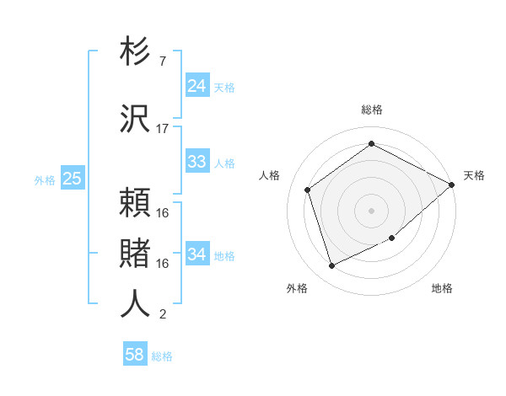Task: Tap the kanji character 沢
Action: (136, 119)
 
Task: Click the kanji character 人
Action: (136, 302)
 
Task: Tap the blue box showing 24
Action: (197, 86)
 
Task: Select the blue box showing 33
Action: (197, 162)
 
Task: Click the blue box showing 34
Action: (197, 254)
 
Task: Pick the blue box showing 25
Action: (72, 179)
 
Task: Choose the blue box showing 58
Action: (135, 355)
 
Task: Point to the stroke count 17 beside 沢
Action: (163, 129)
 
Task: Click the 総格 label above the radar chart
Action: (371, 110)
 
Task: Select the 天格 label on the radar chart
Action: (474, 175)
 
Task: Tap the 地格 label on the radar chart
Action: (442, 288)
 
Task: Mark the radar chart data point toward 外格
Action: (331, 266)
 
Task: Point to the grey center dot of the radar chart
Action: (371, 210)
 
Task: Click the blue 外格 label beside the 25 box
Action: (44, 179)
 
